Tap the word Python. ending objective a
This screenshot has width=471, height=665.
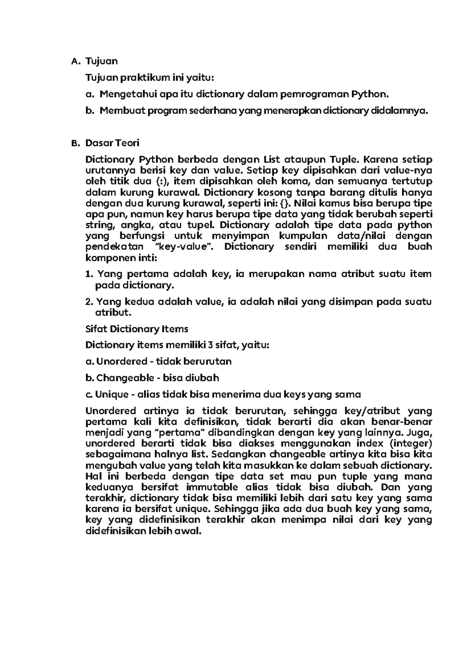point(370,94)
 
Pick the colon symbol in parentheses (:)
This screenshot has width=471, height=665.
point(158,182)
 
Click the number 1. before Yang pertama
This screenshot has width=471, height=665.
point(89,274)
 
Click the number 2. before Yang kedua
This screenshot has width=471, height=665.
point(89,302)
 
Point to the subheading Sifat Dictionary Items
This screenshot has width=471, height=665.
point(137,329)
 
